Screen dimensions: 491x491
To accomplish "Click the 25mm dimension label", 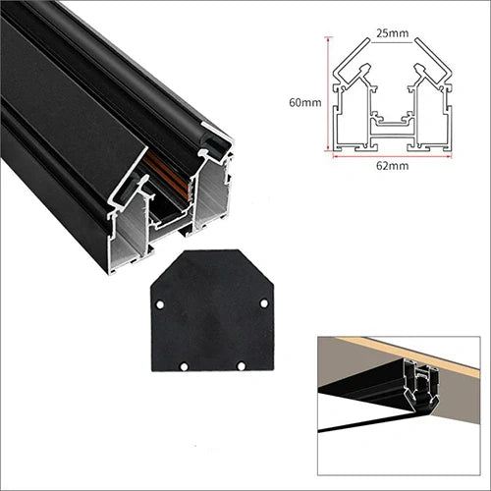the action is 393,33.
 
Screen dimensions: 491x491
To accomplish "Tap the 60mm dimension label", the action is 305,102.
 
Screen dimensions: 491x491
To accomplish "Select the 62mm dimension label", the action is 392,166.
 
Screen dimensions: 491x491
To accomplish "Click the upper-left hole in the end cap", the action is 160,304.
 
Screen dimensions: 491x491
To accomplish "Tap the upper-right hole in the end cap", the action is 264,303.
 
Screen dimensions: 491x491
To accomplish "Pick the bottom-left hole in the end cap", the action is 184,366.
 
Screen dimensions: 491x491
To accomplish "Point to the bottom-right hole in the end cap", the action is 242,365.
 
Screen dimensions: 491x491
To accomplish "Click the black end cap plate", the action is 212,311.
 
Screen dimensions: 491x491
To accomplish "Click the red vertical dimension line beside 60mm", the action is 327,94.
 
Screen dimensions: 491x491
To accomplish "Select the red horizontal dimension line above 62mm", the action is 392,156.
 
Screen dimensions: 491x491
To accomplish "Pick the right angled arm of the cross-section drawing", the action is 434,61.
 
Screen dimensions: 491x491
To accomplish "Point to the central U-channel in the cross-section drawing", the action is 392,121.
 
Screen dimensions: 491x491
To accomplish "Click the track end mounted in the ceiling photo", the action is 422,386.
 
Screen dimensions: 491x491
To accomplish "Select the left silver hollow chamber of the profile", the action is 130,239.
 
